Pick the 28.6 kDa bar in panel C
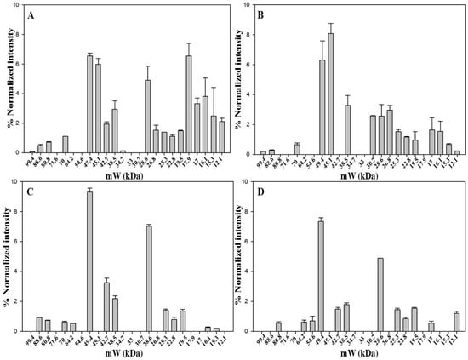coord(148,277)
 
